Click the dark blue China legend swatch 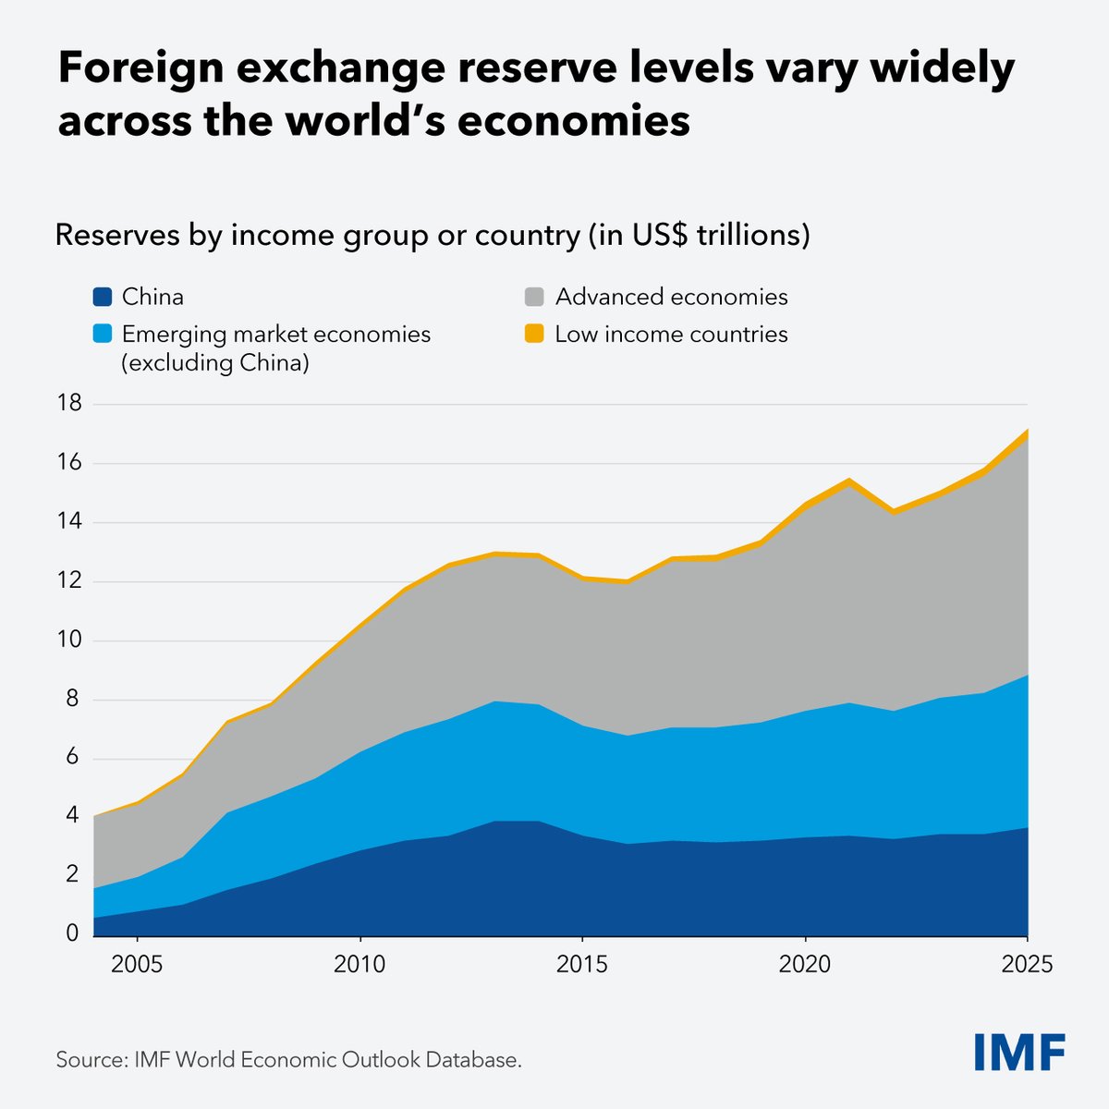coord(102,298)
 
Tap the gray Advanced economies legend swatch coord(534,298)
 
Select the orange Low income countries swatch coord(534,334)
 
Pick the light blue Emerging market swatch coord(102,334)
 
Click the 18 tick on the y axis coord(68,404)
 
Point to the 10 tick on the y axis coord(68,640)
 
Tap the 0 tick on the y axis coord(72,933)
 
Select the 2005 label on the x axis coord(137,965)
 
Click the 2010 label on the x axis coord(360,965)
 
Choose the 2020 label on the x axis coord(806,965)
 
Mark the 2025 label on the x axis coord(1028,965)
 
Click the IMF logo coord(1019,1052)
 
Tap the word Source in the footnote coord(88,1059)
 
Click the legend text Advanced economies coord(671,297)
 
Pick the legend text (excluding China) coord(214,363)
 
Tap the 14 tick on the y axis coord(68,522)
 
